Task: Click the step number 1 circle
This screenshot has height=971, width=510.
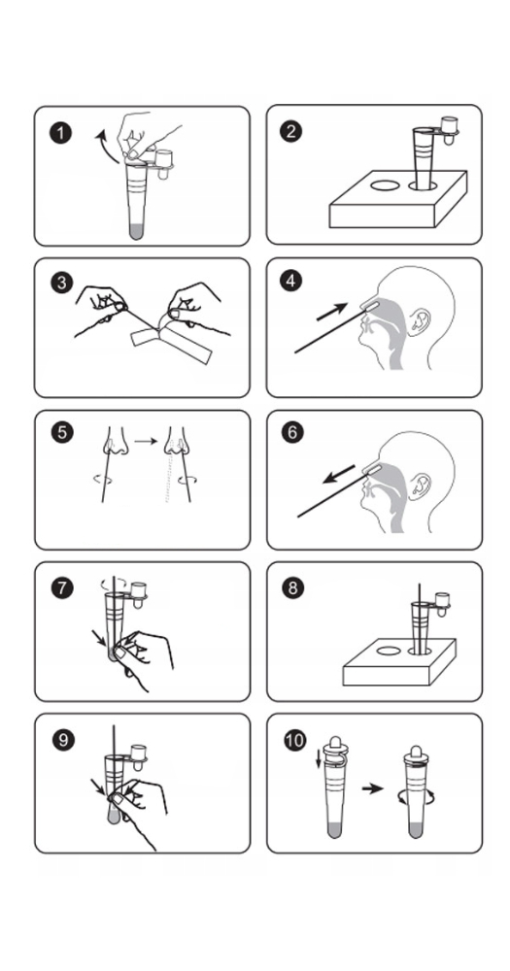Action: (x=61, y=132)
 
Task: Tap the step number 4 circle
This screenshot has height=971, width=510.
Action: (x=290, y=282)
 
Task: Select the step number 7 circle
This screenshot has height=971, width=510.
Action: (x=61, y=587)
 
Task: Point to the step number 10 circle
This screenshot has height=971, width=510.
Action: (x=295, y=740)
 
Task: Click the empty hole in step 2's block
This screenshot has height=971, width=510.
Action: (x=385, y=184)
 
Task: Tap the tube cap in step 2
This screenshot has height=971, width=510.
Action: (x=449, y=131)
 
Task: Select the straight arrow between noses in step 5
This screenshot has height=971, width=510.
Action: (x=147, y=441)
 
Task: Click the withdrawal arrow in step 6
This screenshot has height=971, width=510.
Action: (x=338, y=475)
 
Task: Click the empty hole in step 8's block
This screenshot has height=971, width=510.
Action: (x=388, y=651)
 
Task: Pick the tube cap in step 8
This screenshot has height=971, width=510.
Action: (x=442, y=604)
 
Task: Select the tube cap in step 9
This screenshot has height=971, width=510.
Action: (x=138, y=756)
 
